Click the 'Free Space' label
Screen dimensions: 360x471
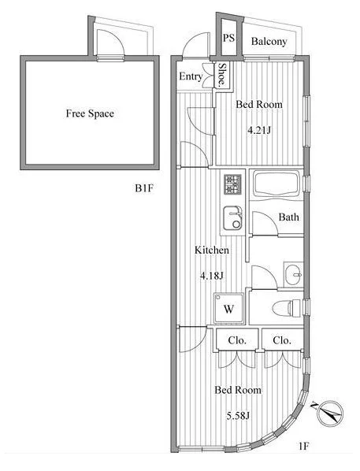coord(90,113)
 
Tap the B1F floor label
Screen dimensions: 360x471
coord(144,188)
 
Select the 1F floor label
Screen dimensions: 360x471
coord(304,446)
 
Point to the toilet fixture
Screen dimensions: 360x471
coord(287,308)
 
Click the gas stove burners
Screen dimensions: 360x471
coord(232,184)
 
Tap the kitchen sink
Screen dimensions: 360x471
coord(232,217)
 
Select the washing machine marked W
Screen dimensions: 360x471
coord(229,308)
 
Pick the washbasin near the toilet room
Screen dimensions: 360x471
coord(293,274)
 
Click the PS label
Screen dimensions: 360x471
coord(228,38)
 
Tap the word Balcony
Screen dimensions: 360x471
coord(269,42)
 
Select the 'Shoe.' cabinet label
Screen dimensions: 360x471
coord(222,75)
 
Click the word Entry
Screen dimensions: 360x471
coord(191,76)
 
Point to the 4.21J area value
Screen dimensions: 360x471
coord(259,131)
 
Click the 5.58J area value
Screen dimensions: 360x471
coord(238,416)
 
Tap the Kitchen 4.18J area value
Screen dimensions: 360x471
coord(212,276)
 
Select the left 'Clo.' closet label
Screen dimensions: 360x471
coord(237,340)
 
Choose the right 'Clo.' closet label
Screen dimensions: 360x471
coord(282,340)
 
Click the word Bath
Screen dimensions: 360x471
coord(289,217)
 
